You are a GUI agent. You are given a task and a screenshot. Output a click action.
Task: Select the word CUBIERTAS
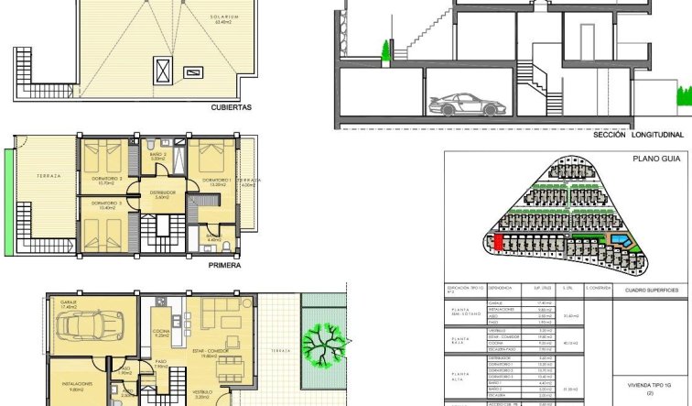[231, 106]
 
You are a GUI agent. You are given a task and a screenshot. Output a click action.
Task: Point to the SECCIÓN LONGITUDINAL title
[638, 135]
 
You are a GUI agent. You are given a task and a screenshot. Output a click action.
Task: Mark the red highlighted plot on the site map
[496, 241]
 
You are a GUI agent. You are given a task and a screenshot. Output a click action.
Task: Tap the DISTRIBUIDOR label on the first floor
[162, 192]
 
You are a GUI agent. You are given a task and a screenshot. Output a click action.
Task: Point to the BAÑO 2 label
[157, 157]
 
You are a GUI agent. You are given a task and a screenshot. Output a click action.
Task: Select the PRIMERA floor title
[224, 265]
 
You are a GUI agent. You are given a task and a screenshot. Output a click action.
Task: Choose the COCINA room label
[162, 334]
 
